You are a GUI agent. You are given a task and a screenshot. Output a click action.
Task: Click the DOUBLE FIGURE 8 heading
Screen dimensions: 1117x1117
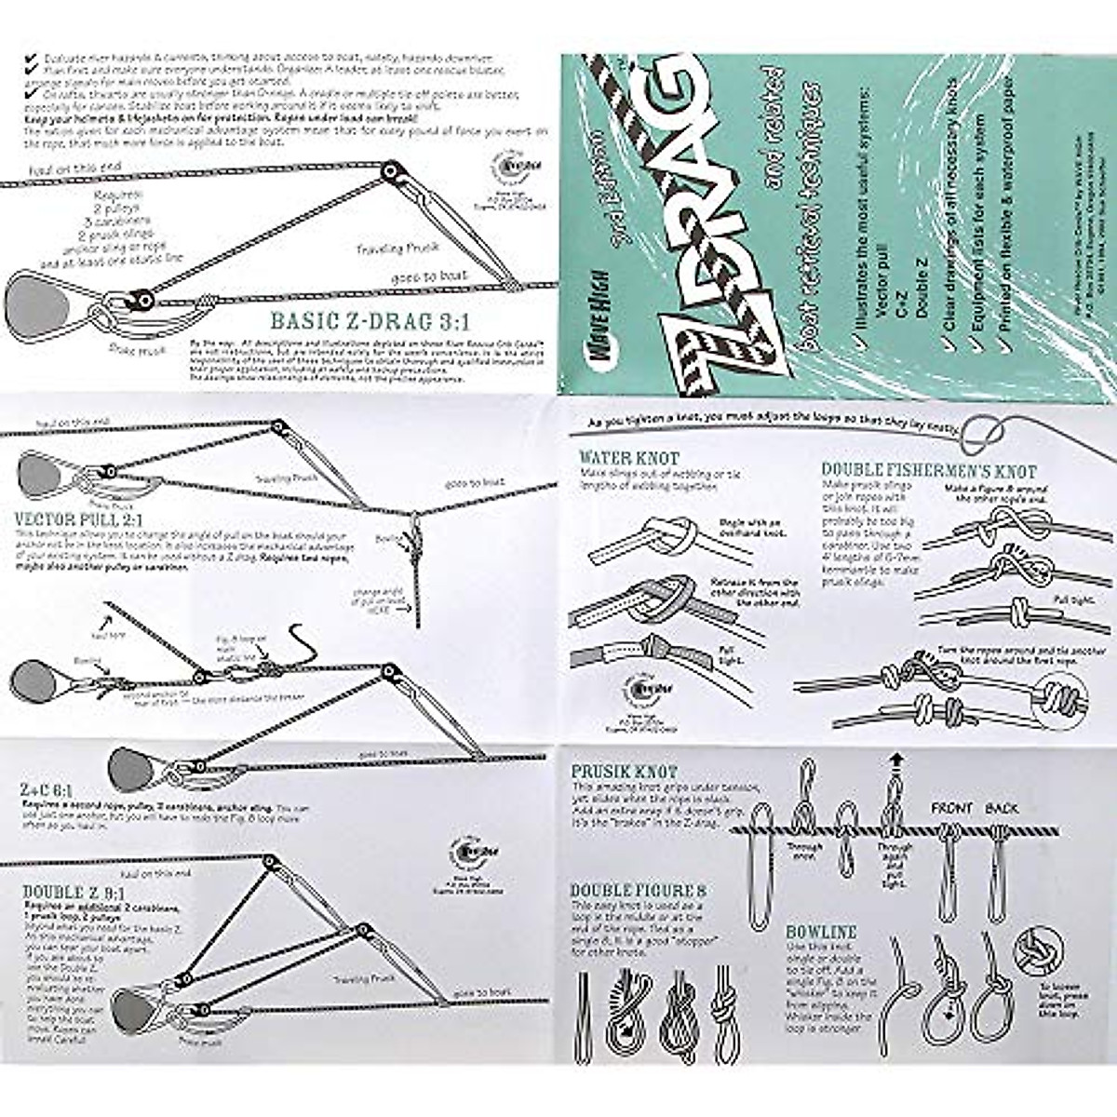pos(639,891)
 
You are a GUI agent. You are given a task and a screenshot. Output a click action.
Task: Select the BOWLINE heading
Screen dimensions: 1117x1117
pos(821,932)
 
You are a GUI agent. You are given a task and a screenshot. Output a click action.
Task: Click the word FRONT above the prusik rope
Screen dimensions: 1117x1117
pos(951,808)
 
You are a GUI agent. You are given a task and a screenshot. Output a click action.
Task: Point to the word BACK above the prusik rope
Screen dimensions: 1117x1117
pos(1003,808)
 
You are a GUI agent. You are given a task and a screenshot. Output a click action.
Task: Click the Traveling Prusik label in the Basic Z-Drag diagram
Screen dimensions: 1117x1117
pos(388,249)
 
